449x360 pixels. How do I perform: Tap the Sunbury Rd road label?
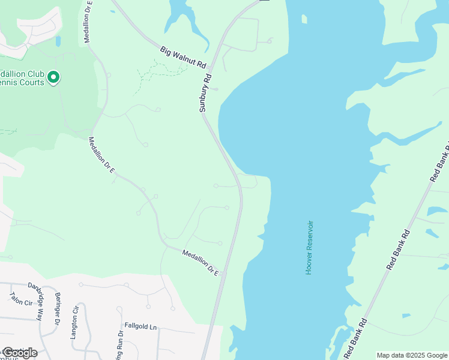point(206,94)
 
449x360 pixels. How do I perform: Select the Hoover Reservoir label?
point(309,248)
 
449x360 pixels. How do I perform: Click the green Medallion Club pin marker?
point(53,77)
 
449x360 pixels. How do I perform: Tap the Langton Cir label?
point(74,323)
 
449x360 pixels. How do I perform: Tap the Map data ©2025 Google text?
point(412,355)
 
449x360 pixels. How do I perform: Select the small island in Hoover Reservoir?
point(304,20)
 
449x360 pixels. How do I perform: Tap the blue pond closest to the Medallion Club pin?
point(58,41)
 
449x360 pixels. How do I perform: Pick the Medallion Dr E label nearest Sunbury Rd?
point(200,263)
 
